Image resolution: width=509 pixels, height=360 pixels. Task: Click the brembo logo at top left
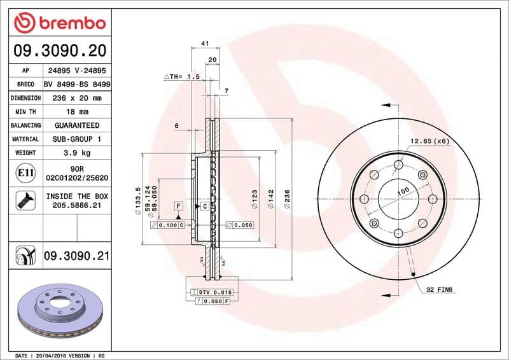(x=59, y=23)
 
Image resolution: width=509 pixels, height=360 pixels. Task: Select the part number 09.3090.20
(x=59, y=50)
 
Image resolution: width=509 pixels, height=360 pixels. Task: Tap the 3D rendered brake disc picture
(x=59, y=310)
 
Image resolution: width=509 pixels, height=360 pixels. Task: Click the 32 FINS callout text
(x=440, y=289)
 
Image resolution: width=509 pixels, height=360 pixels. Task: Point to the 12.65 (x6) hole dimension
(x=429, y=141)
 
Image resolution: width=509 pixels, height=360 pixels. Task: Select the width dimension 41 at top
(x=205, y=43)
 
